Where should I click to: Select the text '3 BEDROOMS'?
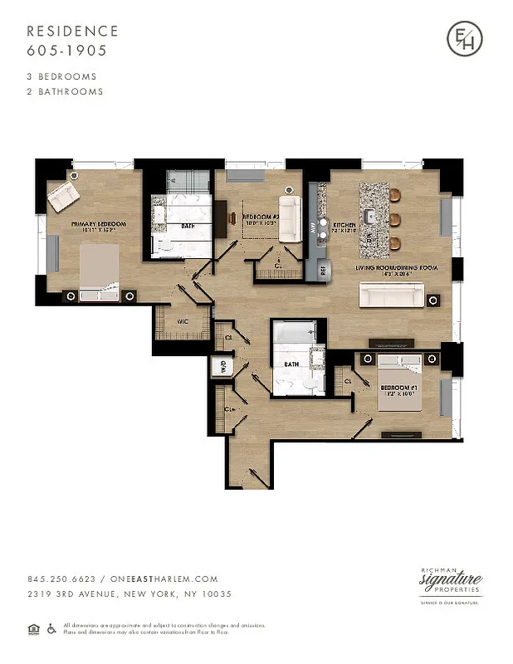[x=61, y=76]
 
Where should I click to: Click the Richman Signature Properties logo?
[x=451, y=582]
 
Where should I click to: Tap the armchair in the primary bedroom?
[x=63, y=197]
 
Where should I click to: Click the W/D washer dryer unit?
[x=222, y=365]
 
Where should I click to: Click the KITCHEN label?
[x=344, y=225]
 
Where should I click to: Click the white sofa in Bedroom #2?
[x=290, y=218]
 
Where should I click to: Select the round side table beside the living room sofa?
[x=432, y=295]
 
